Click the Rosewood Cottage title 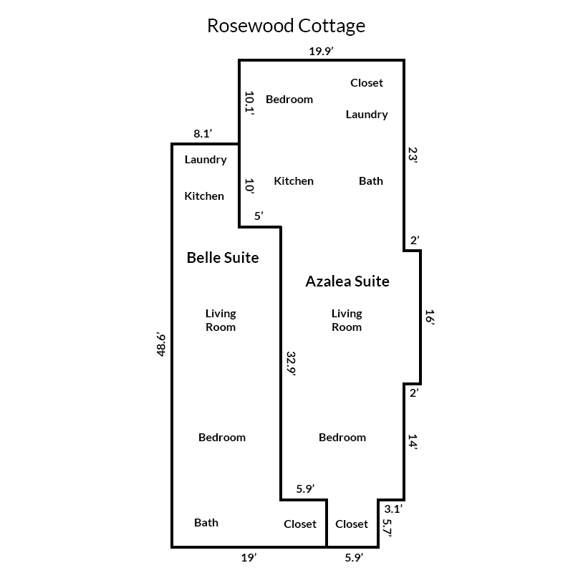(x=286, y=26)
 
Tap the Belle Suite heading (x=223, y=257)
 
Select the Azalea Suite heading (x=347, y=281)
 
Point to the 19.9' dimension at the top (x=322, y=51)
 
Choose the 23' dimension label (x=413, y=155)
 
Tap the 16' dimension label (x=429, y=317)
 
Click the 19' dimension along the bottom (x=249, y=557)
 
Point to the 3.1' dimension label (x=393, y=509)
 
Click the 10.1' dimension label (x=249, y=102)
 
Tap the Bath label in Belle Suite (x=206, y=523)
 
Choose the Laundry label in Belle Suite (x=206, y=160)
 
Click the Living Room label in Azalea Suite (x=347, y=320)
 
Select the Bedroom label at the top (x=289, y=100)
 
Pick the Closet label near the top (x=367, y=83)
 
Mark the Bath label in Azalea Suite (x=371, y=181)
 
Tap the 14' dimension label (x=413, y=440)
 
